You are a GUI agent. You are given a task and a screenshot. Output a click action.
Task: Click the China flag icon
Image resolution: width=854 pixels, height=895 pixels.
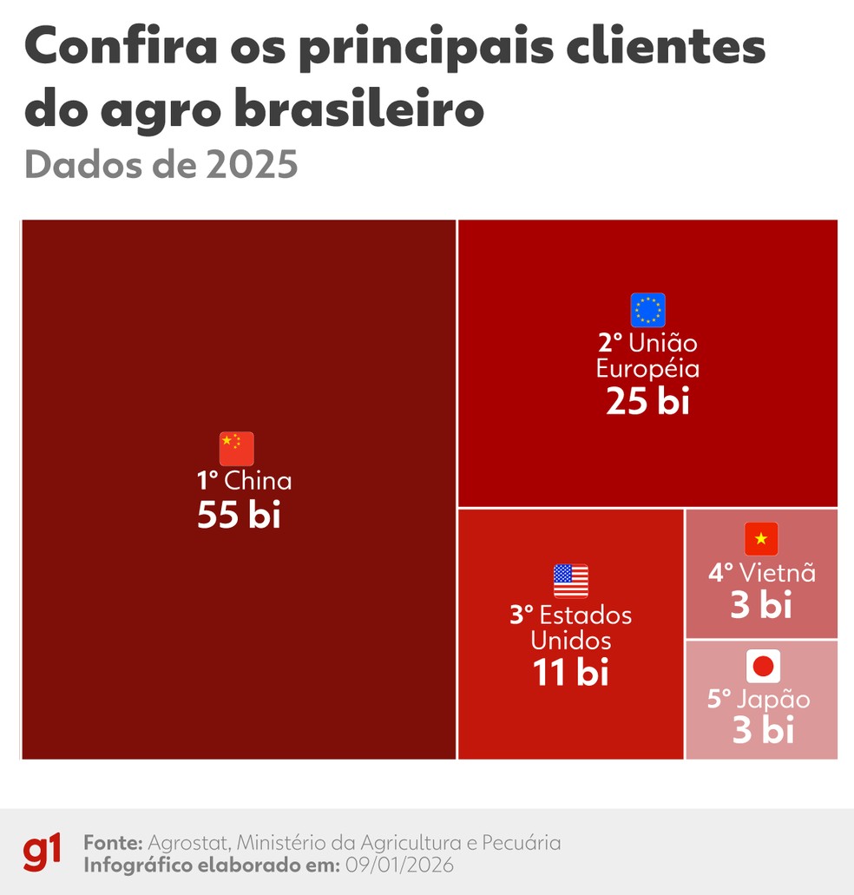[236, 449]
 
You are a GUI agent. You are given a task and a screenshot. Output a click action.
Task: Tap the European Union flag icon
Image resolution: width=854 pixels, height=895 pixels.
[647, 310]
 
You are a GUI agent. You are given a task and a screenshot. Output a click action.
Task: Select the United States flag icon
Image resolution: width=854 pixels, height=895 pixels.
[570, 581]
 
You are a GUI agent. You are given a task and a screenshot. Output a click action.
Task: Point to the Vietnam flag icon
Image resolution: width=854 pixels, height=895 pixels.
[761, 539]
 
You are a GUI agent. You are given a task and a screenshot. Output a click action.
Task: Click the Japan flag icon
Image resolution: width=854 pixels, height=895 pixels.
[763, 667]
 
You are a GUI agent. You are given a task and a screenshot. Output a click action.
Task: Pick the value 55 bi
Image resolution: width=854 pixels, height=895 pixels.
[239, 516]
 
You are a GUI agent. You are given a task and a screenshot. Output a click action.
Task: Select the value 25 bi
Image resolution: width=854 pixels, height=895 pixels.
[647, 402]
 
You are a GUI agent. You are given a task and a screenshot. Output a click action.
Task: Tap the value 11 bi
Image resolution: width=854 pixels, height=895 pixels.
[570, 673]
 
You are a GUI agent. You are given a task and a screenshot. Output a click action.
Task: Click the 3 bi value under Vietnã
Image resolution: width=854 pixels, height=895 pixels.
[761, 605]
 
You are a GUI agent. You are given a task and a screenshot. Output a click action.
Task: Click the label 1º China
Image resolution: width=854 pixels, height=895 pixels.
[244, 481]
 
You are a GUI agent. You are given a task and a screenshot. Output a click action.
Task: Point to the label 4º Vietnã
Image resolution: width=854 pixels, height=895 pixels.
[761, 573]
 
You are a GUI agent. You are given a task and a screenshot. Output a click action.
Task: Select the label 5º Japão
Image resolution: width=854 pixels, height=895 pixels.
[758, 700]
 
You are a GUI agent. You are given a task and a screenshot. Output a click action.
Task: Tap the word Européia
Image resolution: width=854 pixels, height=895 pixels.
[647, 368]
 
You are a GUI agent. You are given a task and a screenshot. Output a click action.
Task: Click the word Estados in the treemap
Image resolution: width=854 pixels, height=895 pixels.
[586, 615]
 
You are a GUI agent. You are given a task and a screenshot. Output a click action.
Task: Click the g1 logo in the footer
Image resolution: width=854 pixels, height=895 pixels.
[42, 852]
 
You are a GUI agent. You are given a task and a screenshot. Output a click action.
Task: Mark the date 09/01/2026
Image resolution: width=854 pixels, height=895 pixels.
[399, 865]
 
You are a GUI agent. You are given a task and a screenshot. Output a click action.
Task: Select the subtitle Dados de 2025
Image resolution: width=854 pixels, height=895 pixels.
[161, 164]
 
